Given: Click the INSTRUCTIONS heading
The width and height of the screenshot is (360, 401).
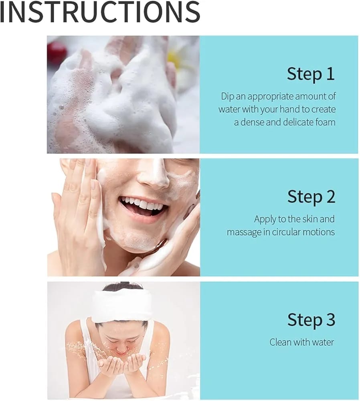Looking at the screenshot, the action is [x=100, y=12].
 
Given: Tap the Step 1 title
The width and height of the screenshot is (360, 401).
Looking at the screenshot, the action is [x=311, y=74].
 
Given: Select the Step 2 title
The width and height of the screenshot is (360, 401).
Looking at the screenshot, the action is [x=311, y=196].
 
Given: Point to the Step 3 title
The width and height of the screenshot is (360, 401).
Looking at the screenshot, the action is [x=311, y=320].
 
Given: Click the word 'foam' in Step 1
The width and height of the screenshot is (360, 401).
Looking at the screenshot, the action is [x=325, y=122].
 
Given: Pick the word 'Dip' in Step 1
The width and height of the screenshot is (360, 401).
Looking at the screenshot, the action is [x=227, y=97].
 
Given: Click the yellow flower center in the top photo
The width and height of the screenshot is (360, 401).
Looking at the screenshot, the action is [x=172, y=57].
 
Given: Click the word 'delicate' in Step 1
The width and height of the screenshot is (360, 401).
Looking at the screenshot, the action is [x=298, y=122].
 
